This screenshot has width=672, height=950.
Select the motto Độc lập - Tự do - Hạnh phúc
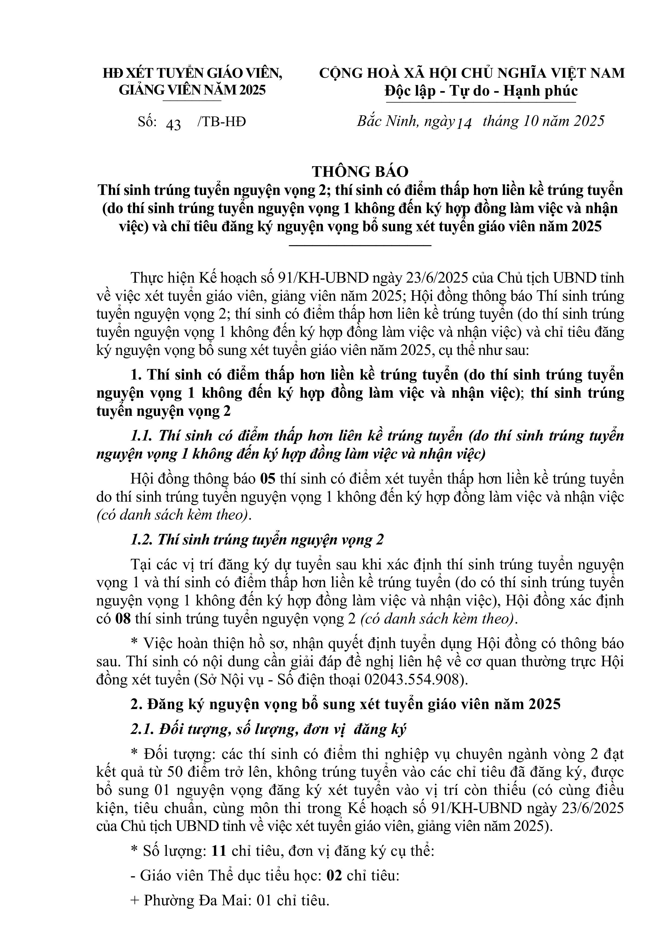point(481,91)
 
